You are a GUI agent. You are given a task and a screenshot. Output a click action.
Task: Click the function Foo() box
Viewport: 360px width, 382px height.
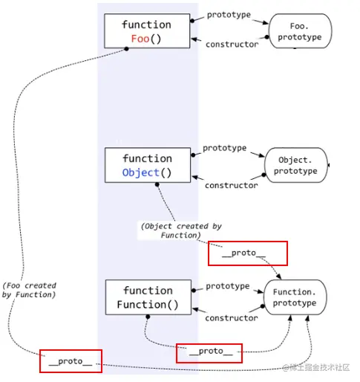pyautogui.click(x=146, y=31)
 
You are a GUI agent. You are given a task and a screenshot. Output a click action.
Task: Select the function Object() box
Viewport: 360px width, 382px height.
pyautogui.click(x=146, y=166)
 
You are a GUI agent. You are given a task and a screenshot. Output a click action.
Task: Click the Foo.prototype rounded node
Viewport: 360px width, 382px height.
pyautogui.click(x=298, y=31)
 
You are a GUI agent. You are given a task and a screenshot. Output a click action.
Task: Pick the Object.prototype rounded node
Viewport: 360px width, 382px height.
pyautogui.click(x=296, y=166)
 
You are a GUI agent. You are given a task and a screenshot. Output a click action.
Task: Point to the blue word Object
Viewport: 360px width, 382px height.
pyautogui.click(x=140, y=173)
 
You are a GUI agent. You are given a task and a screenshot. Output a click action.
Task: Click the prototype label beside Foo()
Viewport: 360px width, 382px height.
pyautogui.click(x=229, y=15)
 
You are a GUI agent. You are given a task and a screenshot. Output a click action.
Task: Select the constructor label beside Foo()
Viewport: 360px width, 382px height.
pyautogui.click(x=232, y=45)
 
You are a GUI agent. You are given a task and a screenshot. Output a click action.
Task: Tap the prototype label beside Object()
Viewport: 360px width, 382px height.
pyautogui.click(x=224, y=148)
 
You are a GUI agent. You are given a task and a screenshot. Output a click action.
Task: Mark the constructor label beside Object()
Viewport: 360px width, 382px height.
pyautogui.click(x=231, y=185)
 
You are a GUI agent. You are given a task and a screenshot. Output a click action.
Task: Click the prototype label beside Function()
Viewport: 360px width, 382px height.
pyautogui.click(x=227, y=286)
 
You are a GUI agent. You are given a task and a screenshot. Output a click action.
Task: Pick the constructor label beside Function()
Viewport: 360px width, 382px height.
pyautogui.click(x=231, y=318)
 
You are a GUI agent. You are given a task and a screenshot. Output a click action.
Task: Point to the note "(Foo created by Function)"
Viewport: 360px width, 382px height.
pyautogui.click(x=29, y=290)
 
